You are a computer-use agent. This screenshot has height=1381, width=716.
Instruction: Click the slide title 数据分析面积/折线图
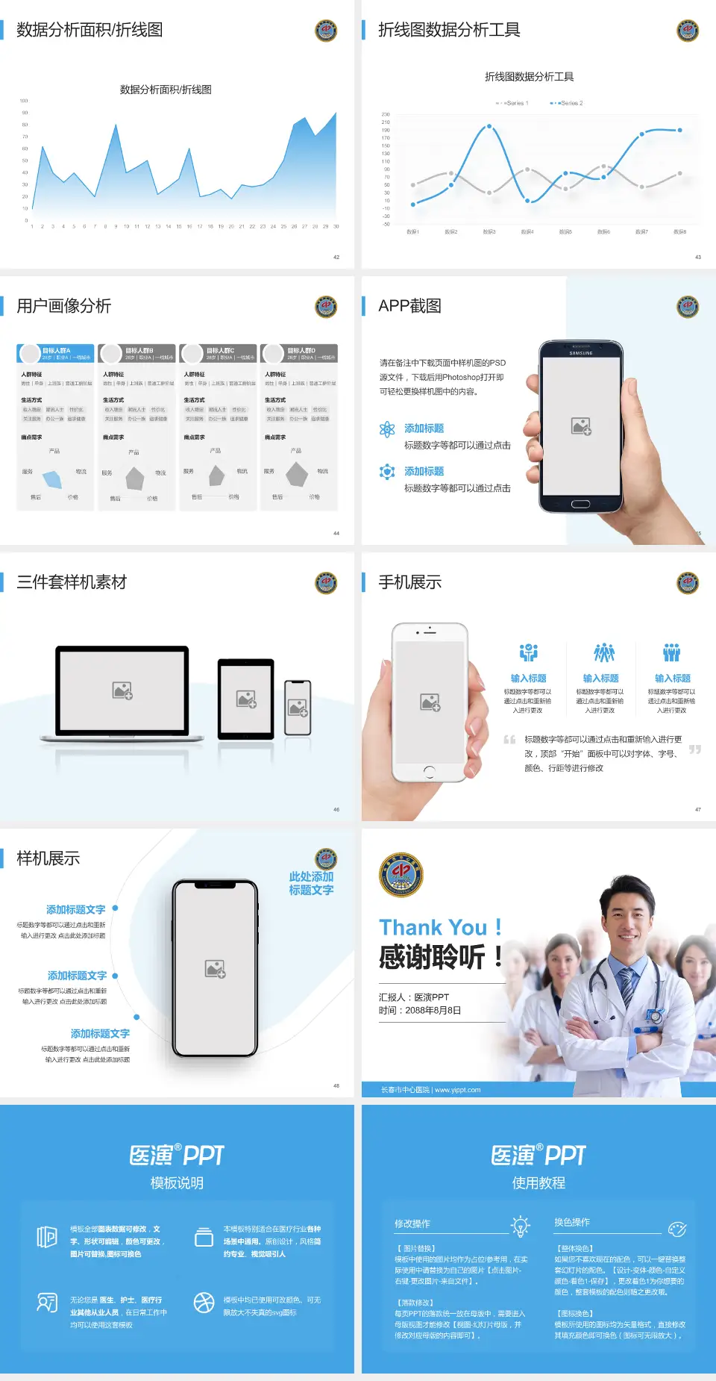89,30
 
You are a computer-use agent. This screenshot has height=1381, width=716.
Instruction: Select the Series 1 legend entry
512,103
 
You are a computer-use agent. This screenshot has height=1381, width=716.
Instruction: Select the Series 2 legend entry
568,103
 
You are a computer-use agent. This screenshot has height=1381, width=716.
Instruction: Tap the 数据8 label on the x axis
679,232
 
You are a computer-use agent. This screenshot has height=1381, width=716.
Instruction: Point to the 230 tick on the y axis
386,114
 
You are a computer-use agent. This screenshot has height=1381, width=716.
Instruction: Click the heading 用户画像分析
64,306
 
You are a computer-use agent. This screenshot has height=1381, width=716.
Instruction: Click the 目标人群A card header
56,352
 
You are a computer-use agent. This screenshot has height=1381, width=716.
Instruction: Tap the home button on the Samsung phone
580,504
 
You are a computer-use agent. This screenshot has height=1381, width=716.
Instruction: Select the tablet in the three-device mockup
246,699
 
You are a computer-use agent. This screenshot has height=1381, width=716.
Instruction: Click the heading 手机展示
409,582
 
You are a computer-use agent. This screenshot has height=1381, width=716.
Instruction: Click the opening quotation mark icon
509,740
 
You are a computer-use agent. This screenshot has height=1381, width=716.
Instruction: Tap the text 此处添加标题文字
311,883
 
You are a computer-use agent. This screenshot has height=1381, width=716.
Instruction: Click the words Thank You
433,927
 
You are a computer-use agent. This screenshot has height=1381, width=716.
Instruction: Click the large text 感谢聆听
433,957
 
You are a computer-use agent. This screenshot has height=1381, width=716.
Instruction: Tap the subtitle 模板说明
177,1183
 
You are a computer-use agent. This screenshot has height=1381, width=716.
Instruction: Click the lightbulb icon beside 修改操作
520,1225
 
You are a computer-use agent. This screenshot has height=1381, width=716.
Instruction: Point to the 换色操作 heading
571,1222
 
